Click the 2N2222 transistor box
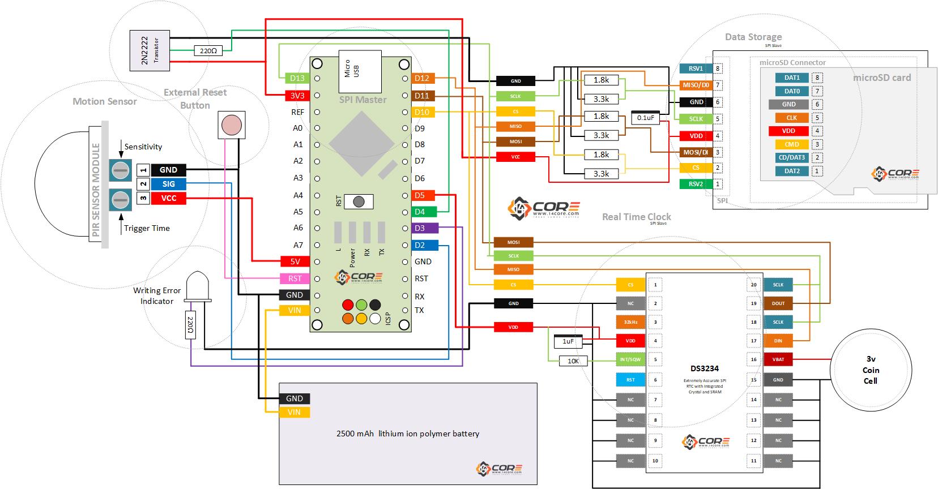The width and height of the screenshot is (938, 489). pos(149,50)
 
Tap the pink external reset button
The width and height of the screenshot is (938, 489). pos(231,125)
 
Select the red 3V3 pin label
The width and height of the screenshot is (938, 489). pos(297,96)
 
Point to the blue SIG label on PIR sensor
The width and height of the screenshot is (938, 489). pos(168,184)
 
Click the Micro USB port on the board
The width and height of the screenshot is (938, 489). pos(360,71)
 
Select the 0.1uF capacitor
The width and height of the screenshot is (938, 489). pos(645,118)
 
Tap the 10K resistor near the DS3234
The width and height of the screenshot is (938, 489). pos(573,361)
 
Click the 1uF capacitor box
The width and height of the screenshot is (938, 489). pos(568,341)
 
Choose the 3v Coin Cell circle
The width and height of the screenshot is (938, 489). pos(871,370)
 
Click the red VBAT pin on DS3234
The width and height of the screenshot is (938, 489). pos(778,359)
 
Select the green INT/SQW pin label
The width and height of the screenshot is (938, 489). pos(630,359)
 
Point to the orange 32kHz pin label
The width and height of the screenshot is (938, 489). pos(630,322)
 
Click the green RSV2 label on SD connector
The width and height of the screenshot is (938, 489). pos(696,183)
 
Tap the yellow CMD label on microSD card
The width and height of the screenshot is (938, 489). pos(791,144)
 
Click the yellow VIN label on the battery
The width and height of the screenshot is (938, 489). pos(294,412)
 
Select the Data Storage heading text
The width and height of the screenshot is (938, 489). pos(753,37)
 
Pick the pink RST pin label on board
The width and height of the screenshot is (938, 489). pos(295,278)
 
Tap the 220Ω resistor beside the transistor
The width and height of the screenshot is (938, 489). pos(208,50)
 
